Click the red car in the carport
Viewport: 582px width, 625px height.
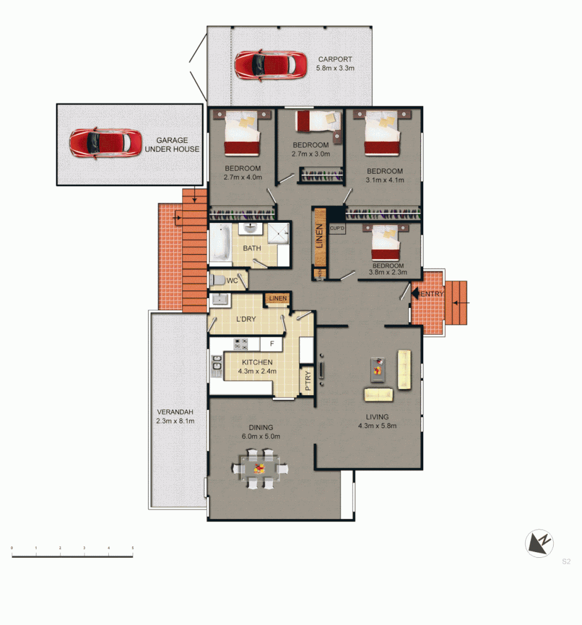(x=270, y=64)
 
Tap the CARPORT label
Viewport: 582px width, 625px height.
(x=335, y=60)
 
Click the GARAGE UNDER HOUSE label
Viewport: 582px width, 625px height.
(x=177, y=145)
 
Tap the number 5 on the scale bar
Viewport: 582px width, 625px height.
(x=133, y=547)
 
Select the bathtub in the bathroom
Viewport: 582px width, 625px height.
(x=221, y=244)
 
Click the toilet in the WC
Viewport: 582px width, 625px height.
(x=217, y=281)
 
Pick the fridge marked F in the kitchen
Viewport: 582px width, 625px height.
(x=271, y=344)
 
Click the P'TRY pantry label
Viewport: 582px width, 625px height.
(x=308, y=382)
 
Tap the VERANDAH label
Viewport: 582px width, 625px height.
(x=174, y=412)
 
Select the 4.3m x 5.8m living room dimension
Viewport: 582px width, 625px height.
(x=377, y=426)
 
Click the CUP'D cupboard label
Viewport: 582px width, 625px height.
(x=337, y=229)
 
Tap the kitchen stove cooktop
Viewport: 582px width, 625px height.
(x=241, y=344)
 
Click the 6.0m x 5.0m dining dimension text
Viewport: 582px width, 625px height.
(x=261, y=436)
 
